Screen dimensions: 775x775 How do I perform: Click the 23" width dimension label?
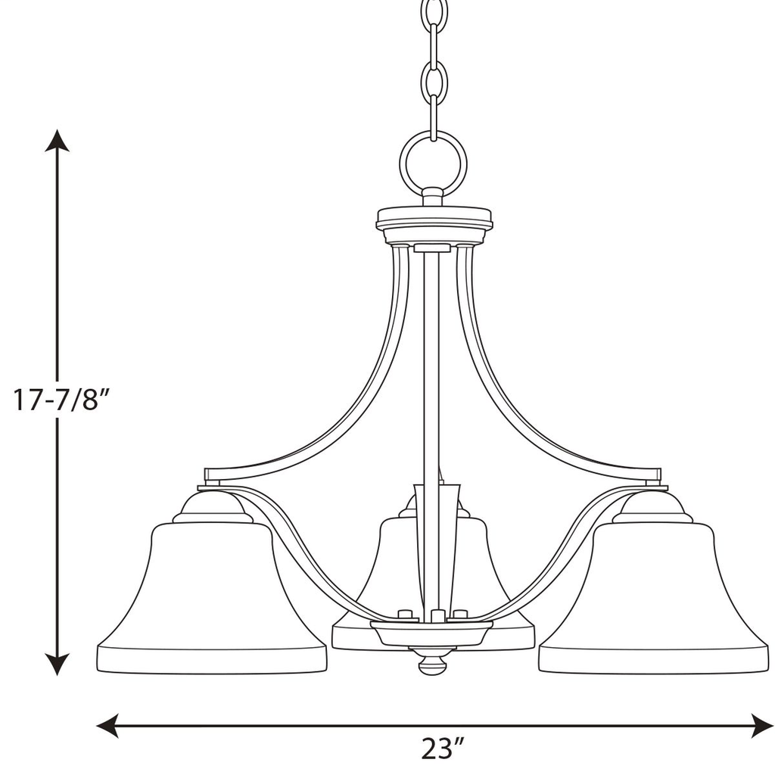(442, 749)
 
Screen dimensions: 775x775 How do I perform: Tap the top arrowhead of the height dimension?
(57, 140)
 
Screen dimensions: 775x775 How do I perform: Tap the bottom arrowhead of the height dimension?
(57, 664)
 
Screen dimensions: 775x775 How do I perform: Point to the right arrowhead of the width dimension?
(763, 726)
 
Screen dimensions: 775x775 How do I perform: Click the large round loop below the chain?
(433, 163)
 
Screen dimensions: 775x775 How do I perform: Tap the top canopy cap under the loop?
(434, 221)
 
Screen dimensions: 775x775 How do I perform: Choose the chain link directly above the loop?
(434, 114)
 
